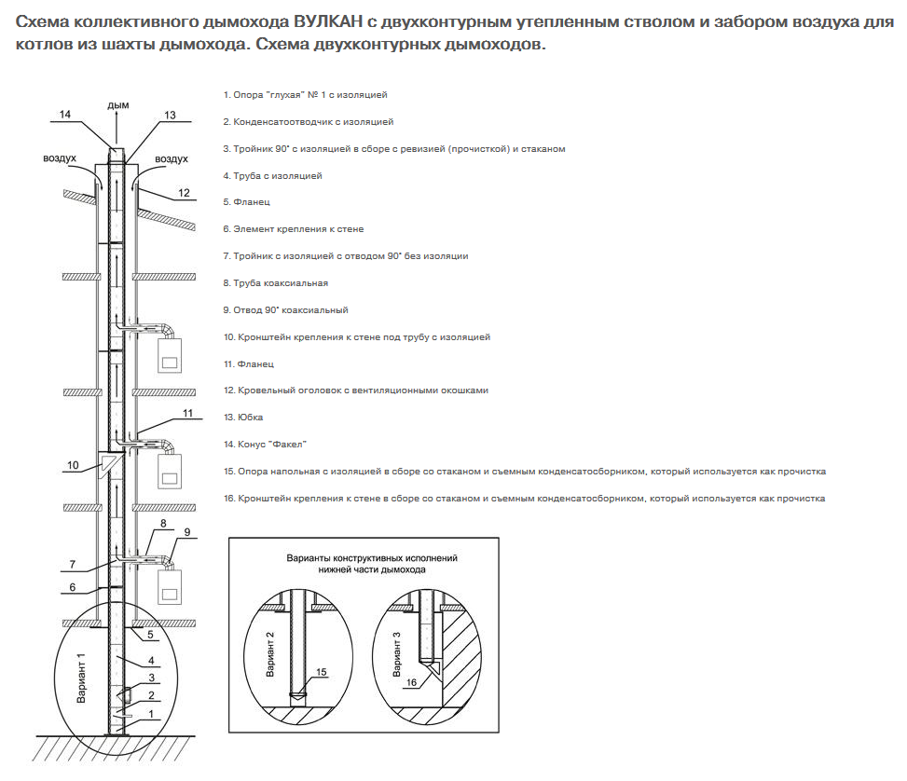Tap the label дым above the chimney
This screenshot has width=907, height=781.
tap(117, 105)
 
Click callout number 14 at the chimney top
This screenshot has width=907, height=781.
tap(65, 115)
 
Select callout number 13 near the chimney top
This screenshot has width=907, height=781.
tap(170, 115)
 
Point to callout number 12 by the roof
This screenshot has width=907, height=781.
tap(184, 192)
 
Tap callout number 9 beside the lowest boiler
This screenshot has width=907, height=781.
tap(186, 532)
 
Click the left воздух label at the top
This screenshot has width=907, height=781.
tap(60, 158)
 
